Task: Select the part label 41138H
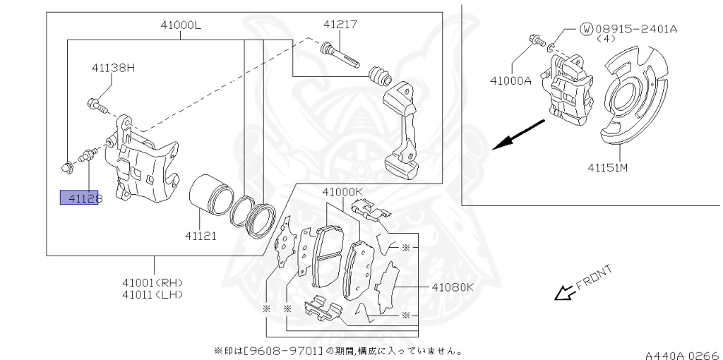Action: [112, 68]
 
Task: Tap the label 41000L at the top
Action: [181, 25]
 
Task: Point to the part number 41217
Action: [340, 24]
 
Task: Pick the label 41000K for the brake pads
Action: [342, 191]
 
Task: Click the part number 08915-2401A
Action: [636, 29]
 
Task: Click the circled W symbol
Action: [586, 29]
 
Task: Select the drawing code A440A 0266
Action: [681, 351]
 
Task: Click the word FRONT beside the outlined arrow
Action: [594, 277]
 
